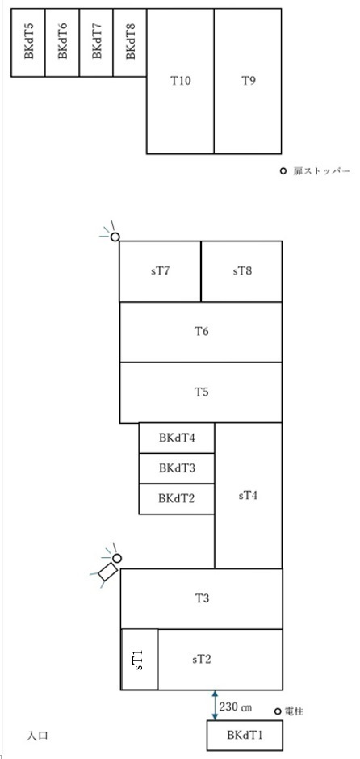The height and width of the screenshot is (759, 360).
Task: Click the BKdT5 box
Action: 28,42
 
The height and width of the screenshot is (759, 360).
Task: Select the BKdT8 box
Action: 130,42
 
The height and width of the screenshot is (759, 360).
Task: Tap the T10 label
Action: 181,81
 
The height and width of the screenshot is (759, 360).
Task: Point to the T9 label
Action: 249,81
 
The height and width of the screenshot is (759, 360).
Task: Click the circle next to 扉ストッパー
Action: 283,171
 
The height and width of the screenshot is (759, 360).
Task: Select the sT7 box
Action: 160,271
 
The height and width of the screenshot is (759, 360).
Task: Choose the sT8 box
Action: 241,271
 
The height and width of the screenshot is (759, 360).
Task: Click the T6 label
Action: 201,332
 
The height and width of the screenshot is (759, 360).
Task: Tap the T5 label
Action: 201,392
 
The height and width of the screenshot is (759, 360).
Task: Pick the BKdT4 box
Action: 177,438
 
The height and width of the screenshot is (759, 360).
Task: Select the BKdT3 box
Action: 177,468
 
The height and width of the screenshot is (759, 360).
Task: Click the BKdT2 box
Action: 177,498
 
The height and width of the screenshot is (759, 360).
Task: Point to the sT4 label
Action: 249,496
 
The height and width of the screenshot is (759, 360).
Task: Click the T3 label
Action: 202,598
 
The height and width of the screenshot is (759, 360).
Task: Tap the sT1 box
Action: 140,659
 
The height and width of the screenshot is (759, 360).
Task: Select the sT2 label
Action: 201,660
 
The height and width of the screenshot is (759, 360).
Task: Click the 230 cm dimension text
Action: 236,707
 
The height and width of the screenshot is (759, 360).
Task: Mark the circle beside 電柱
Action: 278,711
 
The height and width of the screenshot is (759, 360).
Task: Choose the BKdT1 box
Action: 245,736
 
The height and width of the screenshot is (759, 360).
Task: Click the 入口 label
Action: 37,736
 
